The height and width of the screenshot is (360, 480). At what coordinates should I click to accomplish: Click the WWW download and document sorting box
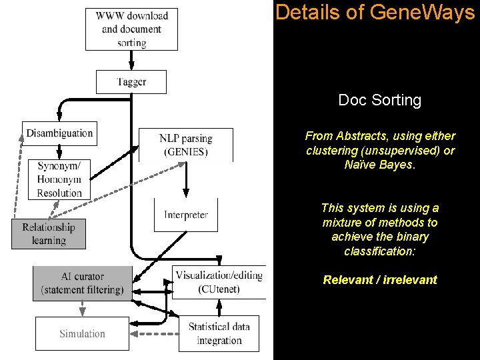click(x=132, y=29)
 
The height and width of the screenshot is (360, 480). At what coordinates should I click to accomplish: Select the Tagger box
click(x=131, y=82)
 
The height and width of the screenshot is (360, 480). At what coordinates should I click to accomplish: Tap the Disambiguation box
click(x=59, y=133)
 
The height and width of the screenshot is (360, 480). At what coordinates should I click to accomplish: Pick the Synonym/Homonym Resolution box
click(x=59, y=179)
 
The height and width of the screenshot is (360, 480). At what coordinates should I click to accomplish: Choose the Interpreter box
click(x=186, y=215)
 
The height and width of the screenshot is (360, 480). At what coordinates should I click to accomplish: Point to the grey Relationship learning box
click(x=49, y=233)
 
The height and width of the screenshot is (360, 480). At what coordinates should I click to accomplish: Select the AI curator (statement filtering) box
click(x=82, y=283)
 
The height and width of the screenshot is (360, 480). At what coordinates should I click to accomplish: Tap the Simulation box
click(x=82, y=333)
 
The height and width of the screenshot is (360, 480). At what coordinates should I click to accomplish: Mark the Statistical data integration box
click(x=219, y=333)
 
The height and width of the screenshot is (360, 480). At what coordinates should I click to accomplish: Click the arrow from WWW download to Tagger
click(x=132, y=60)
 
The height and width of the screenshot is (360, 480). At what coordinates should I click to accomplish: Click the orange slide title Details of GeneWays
click(x=375, y=12)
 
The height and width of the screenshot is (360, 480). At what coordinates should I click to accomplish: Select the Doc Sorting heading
click(x=380, y=101)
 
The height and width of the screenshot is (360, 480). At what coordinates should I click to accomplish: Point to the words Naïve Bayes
click(x=380, y=165)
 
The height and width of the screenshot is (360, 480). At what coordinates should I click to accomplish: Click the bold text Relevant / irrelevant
click(x=380, y=280)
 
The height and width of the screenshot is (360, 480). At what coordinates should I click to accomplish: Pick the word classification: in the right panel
click(x=380, y=251)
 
